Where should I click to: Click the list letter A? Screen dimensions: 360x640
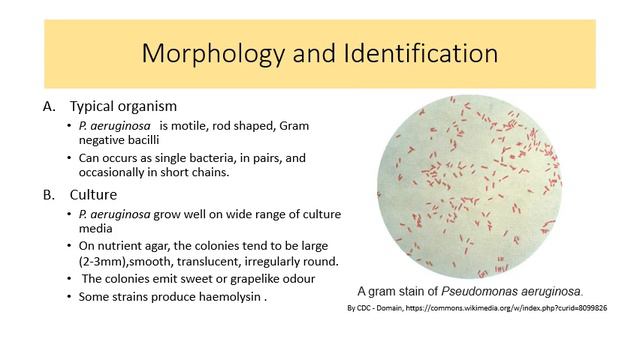click(49, 106)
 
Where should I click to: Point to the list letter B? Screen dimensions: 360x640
click(49, 193)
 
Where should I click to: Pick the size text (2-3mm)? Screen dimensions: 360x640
click(104, 261)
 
